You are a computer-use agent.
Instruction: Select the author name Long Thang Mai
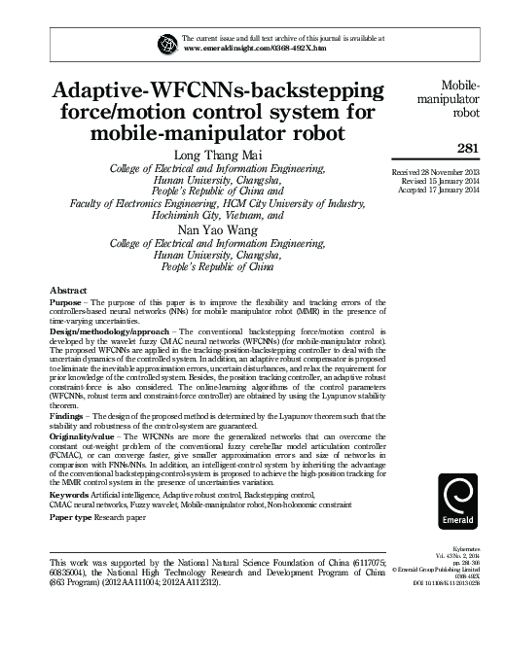click(219, 157)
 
